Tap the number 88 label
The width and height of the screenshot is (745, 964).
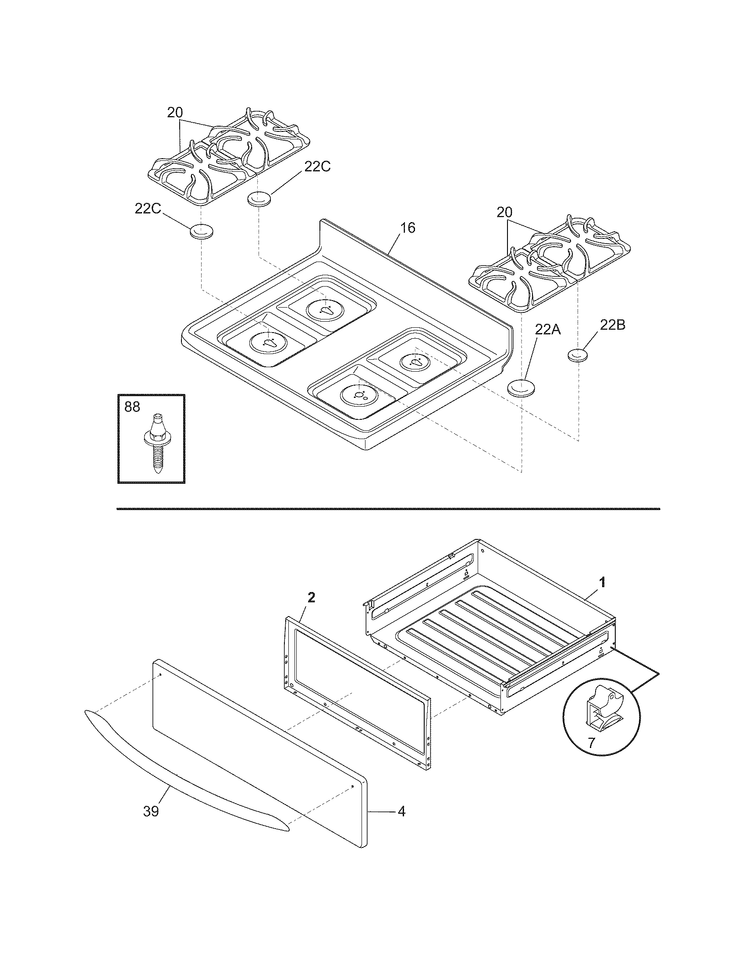(x=132, y=407)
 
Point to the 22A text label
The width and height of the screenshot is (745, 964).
(x=548, y=329)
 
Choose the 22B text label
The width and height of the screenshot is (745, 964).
(x=612, y=325)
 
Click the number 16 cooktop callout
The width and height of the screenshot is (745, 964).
(x=408, y=228)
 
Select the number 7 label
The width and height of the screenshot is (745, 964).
(x=591, y=742)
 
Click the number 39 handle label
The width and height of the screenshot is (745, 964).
(x=151, y=811)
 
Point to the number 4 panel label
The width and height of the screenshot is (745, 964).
(x=401, y=811)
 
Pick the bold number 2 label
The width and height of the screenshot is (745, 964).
(x=312, y=598)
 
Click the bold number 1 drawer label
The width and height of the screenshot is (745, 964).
(x=602, y=583)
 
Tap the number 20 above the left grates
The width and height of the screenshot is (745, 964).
(x=175, y=113)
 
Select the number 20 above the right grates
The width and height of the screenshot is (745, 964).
(x=505, y=213)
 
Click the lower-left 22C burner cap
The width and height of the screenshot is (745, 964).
(x=201, y=231)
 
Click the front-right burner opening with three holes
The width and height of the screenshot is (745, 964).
(x=360, y=394)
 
